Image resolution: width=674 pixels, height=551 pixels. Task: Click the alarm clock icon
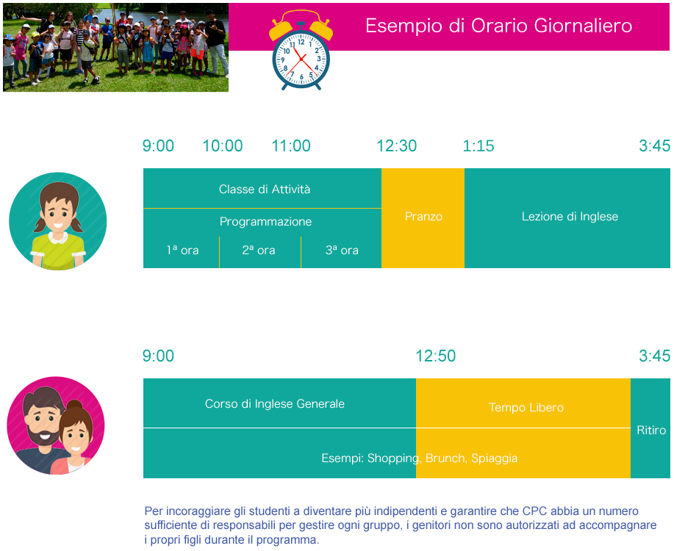click(301, 50)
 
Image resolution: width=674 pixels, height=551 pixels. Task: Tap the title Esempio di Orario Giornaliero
click(498, 26)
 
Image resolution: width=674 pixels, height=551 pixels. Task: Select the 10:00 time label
click(223, 145)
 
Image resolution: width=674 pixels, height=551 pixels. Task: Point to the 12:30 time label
click(397, 145)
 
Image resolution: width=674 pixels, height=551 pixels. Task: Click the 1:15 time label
click(478, 145)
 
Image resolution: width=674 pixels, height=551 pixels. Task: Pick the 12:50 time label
click(435, 356)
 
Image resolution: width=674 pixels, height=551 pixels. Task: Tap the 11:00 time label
click(291, 145)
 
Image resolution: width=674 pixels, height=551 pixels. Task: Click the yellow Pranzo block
click(423, 218)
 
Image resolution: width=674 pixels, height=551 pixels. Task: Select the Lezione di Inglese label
click(570, 217)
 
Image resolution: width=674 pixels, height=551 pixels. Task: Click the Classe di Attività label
click(265, 189)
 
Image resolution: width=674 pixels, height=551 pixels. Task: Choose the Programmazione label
click(265, 222)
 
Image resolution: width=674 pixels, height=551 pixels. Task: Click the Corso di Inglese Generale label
click(275, 404)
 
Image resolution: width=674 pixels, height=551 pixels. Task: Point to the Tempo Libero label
click(526, 408)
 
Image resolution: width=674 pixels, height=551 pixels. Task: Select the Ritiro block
click(650, 428)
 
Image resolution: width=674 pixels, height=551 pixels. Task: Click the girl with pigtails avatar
click(58, 221)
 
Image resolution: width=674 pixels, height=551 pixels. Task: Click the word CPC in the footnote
click(535, 511)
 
